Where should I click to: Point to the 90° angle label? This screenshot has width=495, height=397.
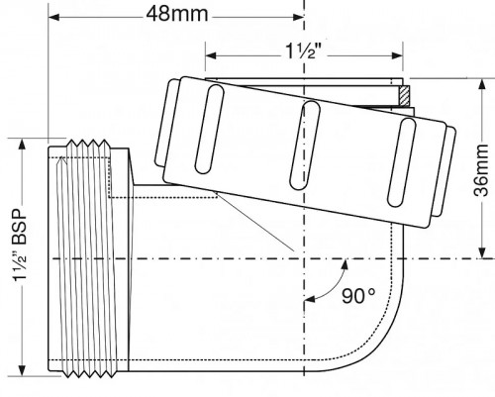[x=357, y=296]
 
